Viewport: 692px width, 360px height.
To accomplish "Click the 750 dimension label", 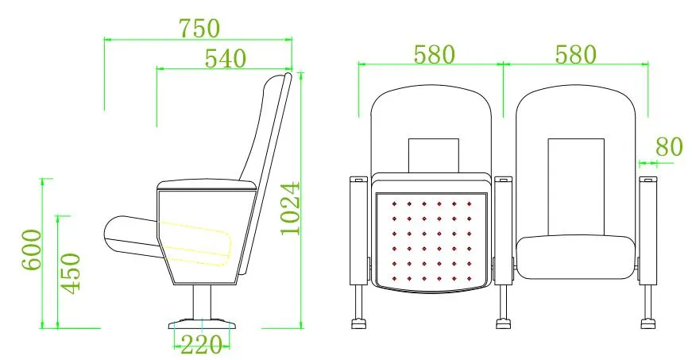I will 199,28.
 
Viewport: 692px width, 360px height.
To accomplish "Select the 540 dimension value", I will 226,58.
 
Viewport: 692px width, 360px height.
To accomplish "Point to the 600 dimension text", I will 31,250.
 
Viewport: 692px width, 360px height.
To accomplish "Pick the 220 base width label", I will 201,345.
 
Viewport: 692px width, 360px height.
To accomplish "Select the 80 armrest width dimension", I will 668,146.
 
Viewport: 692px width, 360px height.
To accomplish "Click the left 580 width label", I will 435,54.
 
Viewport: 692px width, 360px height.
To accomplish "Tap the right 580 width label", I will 574,54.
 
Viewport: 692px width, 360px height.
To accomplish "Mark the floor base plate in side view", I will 201,324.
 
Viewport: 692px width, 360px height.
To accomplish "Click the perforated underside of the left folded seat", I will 431,239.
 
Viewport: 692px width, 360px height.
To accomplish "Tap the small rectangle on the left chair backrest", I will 434,154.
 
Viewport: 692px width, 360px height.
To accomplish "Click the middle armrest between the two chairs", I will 503,230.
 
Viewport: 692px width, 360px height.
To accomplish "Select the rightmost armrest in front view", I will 648,230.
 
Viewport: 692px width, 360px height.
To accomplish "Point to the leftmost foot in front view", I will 359,323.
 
